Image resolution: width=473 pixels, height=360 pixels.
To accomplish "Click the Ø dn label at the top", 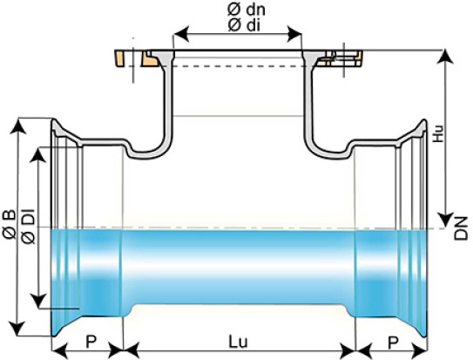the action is [x=247, y=10].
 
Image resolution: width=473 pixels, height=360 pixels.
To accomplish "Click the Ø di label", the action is [x=244, y=25].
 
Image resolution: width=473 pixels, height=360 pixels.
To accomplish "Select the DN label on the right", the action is [x=461, y=228].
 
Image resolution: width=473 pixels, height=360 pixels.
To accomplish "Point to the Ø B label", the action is [x=9, y=224].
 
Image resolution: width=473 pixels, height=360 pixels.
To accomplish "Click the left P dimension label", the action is [x=91, y=342].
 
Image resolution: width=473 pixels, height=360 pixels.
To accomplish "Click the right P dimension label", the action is [x=393, y=343].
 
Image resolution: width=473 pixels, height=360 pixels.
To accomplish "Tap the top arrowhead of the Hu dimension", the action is [x=445, y=57].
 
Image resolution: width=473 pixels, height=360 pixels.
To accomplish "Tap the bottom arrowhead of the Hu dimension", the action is [x=445, y=220].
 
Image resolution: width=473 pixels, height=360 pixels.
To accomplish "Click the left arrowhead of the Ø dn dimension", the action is [x=181, y=33].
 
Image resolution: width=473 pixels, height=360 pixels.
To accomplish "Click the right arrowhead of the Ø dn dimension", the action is [x=294, y=34].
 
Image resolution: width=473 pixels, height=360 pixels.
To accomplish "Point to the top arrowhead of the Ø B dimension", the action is [x=18, y=126].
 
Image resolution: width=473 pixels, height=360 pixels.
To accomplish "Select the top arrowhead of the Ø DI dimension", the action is [x=38, y=154].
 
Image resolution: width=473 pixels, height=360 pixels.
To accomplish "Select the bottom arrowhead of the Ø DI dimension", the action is [x=38, y=301].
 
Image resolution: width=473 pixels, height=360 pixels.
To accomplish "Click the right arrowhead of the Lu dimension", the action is [x=348, y=351].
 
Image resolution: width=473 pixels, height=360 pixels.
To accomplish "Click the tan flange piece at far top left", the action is [x=119, y=59].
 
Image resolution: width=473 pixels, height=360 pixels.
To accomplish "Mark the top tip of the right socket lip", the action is [x=425, y=119].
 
